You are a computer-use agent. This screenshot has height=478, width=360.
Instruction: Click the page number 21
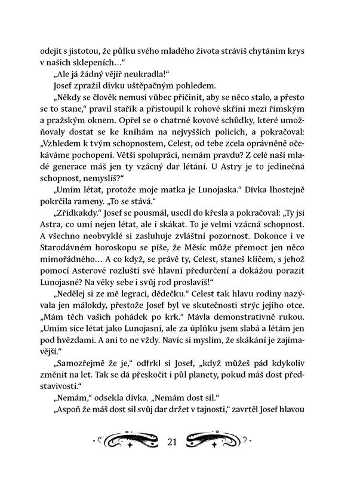174,442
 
